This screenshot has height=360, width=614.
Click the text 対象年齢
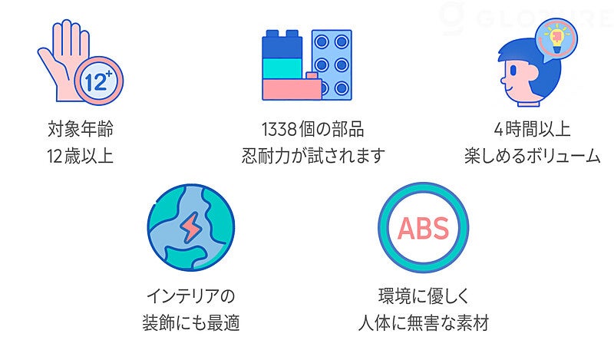80,127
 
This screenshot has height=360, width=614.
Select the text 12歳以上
80,156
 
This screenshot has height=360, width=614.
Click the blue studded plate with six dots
332,65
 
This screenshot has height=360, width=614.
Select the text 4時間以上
532,127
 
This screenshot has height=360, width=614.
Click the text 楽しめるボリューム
532,156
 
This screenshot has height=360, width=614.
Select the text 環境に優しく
424,295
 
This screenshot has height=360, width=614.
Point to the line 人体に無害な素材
424,323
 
